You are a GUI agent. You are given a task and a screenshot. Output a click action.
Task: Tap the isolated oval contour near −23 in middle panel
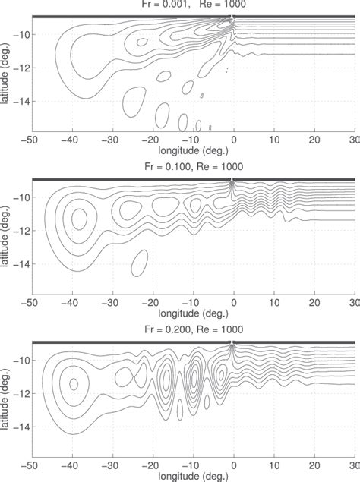[x=139, y=263]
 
